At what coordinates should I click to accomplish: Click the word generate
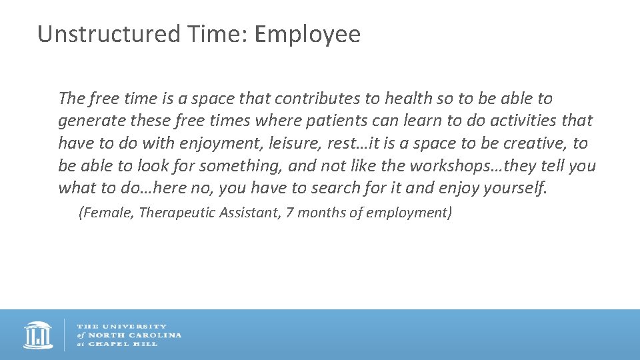click(x=87, y=121)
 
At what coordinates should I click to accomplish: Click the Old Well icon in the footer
click(x=38, y=335)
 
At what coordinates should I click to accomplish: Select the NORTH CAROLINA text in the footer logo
click(x=133, y=335)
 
